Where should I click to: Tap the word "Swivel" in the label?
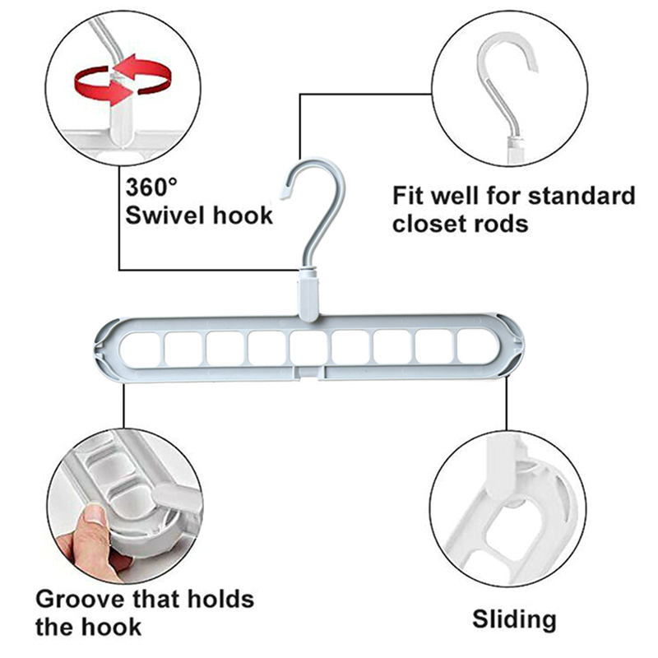click(162, 216)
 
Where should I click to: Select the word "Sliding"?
click(514, 619)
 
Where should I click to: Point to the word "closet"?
click(434, 223)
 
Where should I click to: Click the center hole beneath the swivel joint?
click(307, 348)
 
